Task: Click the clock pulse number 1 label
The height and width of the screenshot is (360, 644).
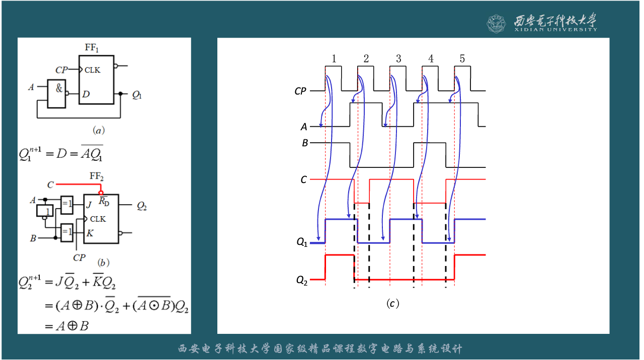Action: pos(334,59)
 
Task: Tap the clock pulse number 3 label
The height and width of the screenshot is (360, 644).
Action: pos(398,59)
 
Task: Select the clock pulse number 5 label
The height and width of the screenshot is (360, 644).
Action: pos(462,59)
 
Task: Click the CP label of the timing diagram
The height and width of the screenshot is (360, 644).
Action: pos(300,92)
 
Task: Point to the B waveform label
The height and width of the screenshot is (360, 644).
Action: pos(305,143)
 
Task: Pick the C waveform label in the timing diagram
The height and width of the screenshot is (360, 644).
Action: pos(303,179)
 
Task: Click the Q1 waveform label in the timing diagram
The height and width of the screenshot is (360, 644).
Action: pos(302,243)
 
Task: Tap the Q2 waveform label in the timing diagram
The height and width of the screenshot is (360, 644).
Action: pos(302,280)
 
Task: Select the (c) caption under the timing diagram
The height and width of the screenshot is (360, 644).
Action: pos(392,304)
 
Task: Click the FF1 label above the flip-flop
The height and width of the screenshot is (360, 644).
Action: pos(92,48)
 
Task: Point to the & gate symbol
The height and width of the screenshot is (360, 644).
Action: pos(59,89)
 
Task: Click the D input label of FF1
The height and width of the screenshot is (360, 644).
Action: pos(86,94)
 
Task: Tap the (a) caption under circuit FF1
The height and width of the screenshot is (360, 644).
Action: pos(98,130)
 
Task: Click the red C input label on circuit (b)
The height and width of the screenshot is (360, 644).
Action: pos(50,185)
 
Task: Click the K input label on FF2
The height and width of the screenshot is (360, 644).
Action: pos(90,233)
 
